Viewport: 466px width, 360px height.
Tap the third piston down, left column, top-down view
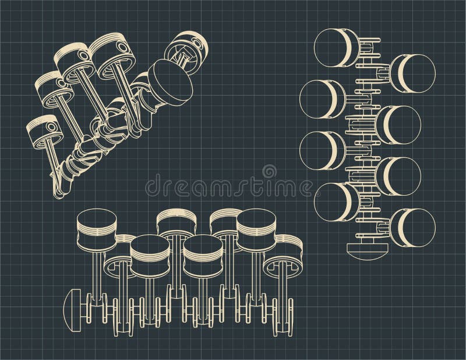[x=320, y=148]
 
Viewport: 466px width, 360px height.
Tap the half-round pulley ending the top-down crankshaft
[x=367, y=250]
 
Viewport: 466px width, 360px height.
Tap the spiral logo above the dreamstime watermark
[x=269, y=172]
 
